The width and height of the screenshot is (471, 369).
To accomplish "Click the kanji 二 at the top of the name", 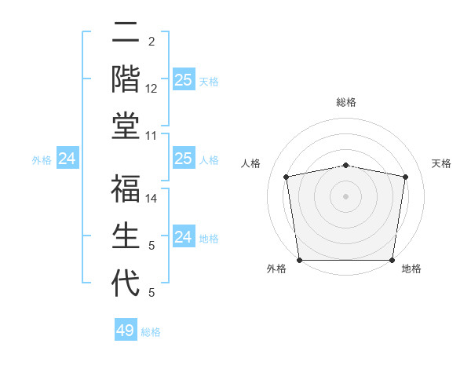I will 126,33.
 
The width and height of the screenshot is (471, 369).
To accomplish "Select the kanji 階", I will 126,78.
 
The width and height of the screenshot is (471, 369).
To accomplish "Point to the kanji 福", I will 126,188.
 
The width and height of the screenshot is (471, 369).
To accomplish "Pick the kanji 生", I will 126,236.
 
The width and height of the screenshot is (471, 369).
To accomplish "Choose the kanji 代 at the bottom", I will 126,283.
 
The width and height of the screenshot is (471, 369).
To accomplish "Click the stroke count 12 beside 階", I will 152,89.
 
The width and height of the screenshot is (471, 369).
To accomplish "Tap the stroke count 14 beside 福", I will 152,199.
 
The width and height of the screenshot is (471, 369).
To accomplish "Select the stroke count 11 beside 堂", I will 152,136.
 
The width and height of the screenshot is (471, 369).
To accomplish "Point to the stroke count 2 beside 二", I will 152,42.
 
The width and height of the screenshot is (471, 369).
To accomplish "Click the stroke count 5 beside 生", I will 152,246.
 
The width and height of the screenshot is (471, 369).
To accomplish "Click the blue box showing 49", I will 126,331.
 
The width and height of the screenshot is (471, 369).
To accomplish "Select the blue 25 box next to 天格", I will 183,79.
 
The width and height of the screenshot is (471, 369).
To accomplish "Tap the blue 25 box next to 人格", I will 183,159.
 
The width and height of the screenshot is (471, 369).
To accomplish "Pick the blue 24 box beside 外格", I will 68,159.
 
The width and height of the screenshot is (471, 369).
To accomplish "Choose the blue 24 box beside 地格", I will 183,237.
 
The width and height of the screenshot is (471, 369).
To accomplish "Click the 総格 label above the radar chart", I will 346,103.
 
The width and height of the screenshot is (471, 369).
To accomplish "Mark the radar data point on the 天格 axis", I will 405,177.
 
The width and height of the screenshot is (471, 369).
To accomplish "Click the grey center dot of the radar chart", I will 346,196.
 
